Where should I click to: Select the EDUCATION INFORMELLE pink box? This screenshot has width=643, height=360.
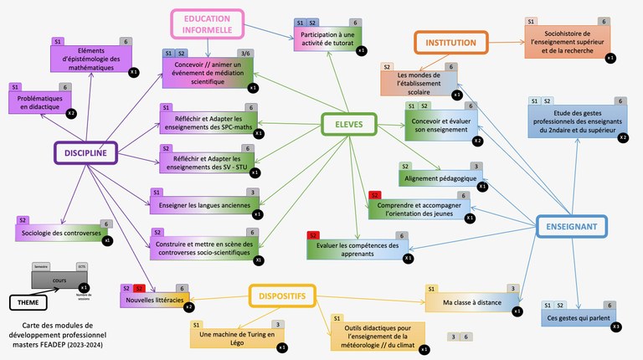point(208,24)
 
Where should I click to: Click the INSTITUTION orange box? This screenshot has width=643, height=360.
point(451,42)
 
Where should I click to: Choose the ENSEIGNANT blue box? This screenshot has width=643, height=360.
point(572,226)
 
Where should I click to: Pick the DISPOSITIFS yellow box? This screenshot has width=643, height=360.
point(281,296)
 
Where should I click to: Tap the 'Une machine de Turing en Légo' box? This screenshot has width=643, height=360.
point(234,338)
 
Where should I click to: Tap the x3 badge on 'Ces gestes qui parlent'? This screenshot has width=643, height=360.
point(616,326)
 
